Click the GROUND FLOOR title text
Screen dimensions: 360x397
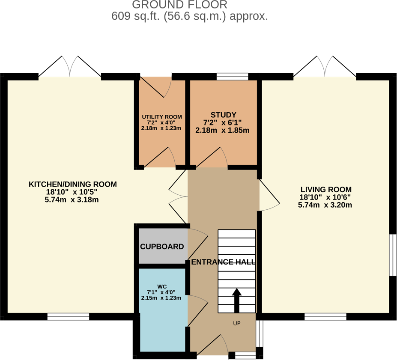(179, 5)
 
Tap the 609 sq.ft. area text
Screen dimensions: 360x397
(190, 17)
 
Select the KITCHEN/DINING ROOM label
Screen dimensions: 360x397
(72, 184)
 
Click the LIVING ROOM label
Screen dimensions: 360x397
(326, 190)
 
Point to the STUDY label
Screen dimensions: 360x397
(223, 115)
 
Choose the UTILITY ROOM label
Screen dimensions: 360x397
(162, 117)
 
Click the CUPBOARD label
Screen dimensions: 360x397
(162, 247)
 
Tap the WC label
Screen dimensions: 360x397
(162, 286)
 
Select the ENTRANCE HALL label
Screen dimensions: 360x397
(223, 262)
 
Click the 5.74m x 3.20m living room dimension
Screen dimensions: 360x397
(325, 205)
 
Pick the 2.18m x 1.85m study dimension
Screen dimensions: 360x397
(222, 130)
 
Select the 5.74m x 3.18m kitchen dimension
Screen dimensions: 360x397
(72, 200)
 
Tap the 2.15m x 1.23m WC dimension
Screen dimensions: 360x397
(161, 298)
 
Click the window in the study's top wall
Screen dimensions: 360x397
(233, 77)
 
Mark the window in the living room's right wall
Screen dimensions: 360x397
(392, 255)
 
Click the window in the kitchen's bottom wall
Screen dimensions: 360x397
(69, 317)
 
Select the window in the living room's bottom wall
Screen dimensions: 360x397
(325, 317)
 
